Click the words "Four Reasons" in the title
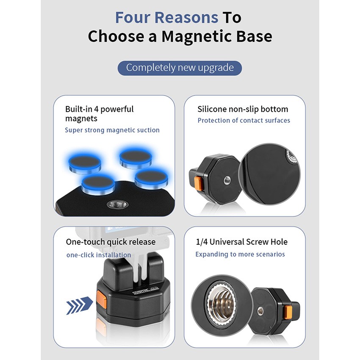click(x=166, y=17)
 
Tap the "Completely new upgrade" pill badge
click(x=180, y=68)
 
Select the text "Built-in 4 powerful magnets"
click(x=99, y=114)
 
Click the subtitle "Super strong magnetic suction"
click(x=112, y=130)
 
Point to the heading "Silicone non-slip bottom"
click(x=243, y=109)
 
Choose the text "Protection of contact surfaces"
click(x=244, y=121)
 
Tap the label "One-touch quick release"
click(x=111, y=242)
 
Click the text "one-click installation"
click(x=99, y=255)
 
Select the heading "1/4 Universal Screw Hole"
click(x=241, y=242)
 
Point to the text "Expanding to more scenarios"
click(x=240, y=254)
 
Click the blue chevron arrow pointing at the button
click(x=79, y=305)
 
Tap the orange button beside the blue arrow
click(x=101, y=298)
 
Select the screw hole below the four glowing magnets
click(x=118, y=204)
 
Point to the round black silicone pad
click(x=269, y=174)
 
